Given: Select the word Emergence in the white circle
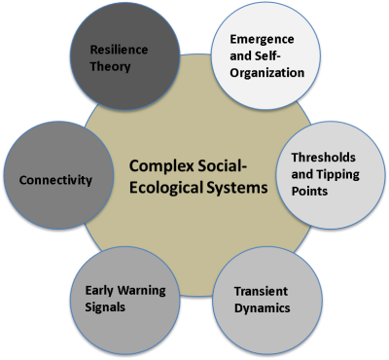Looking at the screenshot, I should [x=262, y=39].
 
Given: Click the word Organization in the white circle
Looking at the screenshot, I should [x=268, y=72].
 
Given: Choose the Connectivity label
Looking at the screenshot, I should [x=56, y=180].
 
